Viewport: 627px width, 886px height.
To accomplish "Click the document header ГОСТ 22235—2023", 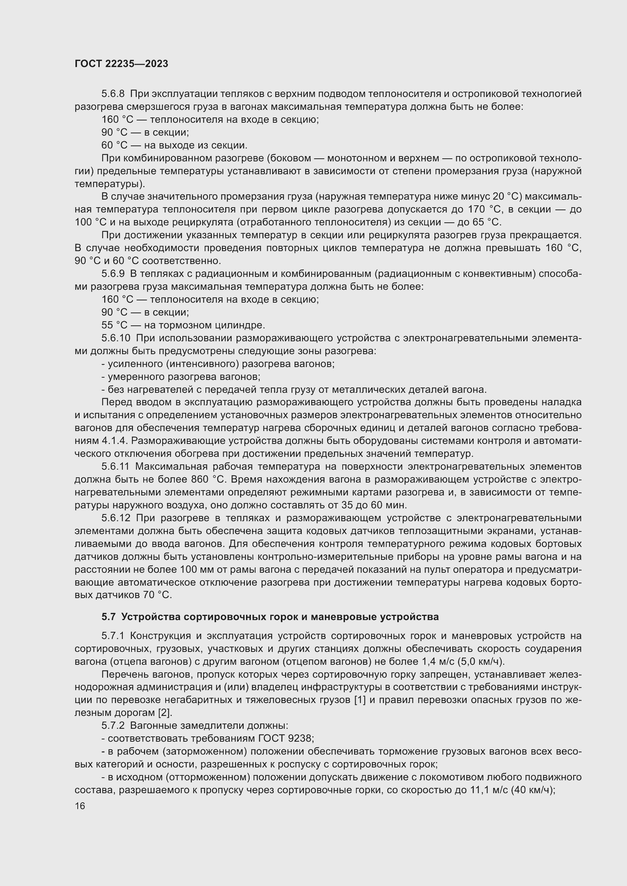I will point(121,64).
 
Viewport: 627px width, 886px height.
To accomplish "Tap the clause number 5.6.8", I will point(113,94).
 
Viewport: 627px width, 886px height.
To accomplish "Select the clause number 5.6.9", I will point(113,273).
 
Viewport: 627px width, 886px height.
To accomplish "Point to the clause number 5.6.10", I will point(116,338).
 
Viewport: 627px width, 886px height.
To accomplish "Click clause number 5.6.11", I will point(116,467).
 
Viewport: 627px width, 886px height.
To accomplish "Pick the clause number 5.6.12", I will point(116,518).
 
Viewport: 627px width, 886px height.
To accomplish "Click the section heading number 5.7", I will point(108,617).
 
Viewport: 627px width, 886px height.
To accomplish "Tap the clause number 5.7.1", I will point(113,636).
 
